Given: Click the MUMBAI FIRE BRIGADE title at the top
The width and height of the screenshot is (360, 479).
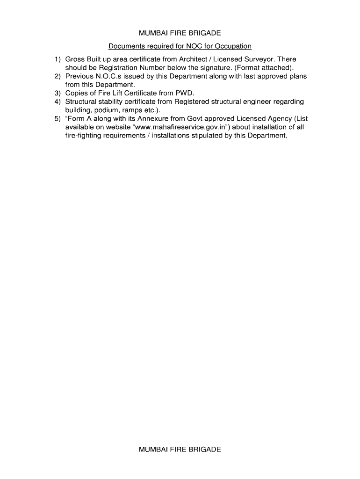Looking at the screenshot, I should click(180, 33).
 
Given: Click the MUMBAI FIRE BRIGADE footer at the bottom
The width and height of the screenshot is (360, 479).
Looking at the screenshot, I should click(180, 449).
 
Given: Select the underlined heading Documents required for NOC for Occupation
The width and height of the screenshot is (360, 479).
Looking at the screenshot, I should click(180, 46).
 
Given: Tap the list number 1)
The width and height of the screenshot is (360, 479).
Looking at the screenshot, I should click(57, 59).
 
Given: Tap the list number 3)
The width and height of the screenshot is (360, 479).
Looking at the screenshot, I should click(57, 93).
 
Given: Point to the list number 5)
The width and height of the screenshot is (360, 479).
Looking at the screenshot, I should click(57, 118).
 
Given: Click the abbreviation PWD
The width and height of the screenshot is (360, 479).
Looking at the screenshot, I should click(184, 93).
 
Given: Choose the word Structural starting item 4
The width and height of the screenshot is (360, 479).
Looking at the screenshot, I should click(80, 102).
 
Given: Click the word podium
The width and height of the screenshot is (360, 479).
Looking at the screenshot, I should click(107, 110).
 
